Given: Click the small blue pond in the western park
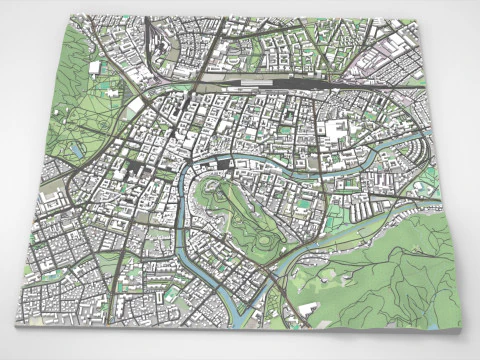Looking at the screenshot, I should [x=77, y=149].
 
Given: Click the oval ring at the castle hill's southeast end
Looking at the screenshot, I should [x=265, y=240].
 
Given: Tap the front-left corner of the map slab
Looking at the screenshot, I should [x=19, y=325].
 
